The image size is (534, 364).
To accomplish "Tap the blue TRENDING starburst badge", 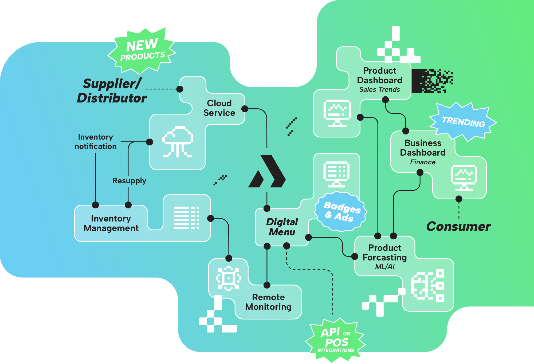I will (x=463, y=122).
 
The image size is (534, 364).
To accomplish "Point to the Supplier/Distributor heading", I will (x=112, y=91).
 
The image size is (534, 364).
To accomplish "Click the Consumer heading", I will (x=458, y=227).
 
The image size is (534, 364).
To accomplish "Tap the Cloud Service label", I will (x=219, y=108).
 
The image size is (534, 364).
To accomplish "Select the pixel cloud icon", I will (x=178, y=142).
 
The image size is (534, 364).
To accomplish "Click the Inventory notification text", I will (x=96, y=142).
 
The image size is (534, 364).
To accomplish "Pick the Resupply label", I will (x=129, y=181).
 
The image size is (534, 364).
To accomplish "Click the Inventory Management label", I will (x=111, y=223).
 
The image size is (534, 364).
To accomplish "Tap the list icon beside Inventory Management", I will (x=187, y=218).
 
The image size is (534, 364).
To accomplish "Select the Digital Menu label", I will (x=282, y=227).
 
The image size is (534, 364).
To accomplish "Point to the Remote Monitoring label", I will (x=268, y=302).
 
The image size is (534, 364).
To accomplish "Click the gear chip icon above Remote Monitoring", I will (x=229, y=278).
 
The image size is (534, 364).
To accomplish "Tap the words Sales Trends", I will (x=379, y=90).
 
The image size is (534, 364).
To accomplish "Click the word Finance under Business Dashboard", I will (x=423, y=162).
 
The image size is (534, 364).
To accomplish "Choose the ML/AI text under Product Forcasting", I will (x=385, y=267).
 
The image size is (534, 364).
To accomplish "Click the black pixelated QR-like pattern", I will (x=432, y=81).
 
